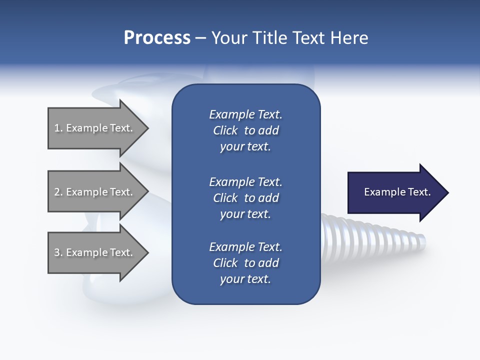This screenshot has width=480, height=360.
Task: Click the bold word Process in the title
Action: (157, 38)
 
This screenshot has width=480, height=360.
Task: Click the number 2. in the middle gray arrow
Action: (58, 192)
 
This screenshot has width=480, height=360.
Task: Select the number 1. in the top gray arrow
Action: (58, 128)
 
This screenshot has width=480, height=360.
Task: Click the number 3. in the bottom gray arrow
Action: (58, 252)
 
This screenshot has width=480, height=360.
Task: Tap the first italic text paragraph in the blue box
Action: (245, 130)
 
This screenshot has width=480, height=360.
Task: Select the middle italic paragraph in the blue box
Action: (245, 198)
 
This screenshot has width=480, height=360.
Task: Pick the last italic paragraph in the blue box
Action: (245, 263)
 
